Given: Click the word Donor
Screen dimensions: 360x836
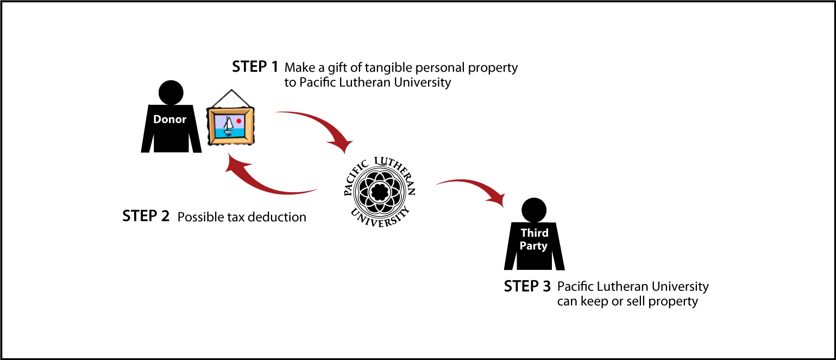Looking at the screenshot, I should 169,119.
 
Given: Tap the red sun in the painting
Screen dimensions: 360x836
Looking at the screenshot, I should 238,121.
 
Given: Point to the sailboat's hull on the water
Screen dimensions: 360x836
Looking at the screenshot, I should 228,132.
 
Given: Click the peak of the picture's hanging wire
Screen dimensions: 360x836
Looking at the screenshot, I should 232,90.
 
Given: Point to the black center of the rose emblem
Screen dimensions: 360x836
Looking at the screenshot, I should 380,192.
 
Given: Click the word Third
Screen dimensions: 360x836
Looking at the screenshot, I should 535,233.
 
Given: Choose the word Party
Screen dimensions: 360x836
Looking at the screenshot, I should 533,246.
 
